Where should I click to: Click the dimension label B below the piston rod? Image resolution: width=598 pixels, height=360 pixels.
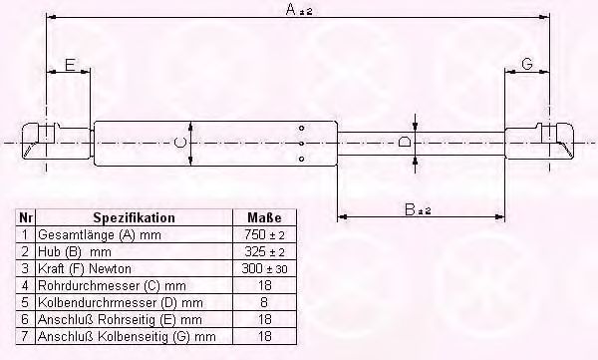click(410, 208)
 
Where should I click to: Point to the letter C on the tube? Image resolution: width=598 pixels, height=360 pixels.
click(180, 145)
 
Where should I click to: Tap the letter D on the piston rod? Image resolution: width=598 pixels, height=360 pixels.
click(404, 143)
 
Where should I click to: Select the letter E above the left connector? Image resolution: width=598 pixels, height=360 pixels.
click(69, 65)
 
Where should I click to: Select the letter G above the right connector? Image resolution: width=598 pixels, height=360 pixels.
click(526, 65)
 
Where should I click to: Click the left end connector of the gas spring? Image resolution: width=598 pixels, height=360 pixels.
click(43, 137)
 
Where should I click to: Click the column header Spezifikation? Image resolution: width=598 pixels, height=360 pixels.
click(134, 217)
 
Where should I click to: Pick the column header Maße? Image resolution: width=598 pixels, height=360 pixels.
click(264, 217)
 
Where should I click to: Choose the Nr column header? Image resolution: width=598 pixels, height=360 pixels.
click(26, 217)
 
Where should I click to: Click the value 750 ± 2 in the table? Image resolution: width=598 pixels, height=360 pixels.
click(264, 233)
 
